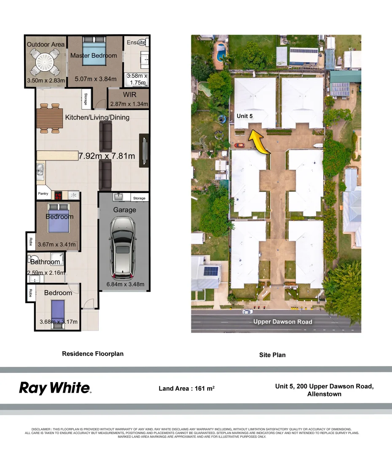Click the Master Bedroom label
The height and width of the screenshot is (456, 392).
(x=94, y=55)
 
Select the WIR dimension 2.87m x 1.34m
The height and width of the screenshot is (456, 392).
(x=129, y=104)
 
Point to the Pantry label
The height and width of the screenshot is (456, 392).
(x=43, y=194)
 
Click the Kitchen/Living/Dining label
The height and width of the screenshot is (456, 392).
(x=97, y=117)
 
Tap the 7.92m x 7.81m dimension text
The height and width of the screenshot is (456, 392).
(x=107, y=156)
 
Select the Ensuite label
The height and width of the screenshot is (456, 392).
(x=136, y=43)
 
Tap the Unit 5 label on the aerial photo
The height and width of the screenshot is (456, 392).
(x=244, y=116)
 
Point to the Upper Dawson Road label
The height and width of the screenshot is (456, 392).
(x=283, y=322)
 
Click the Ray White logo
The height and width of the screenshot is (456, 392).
(x=55, y=388)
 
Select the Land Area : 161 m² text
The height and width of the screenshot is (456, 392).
(x=187, y=388)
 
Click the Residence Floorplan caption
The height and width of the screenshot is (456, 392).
(x=93, y=354)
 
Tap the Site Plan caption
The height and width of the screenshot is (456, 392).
(x=272, y=355)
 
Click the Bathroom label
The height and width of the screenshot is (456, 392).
(x=45, y=262)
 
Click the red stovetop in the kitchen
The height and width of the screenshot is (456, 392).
(x=58, y=195)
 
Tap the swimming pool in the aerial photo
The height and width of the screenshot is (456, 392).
(x=220, y=53)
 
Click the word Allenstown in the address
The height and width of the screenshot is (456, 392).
(x=325, y=394)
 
